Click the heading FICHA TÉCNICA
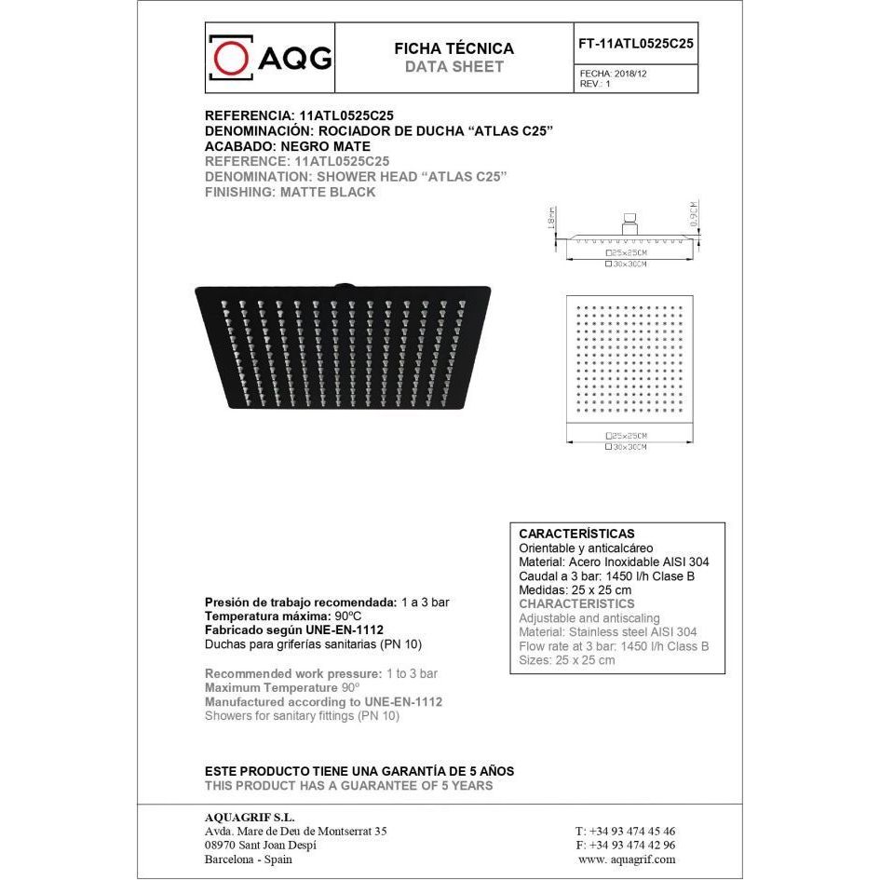tap(454, 48)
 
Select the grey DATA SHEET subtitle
tap(454, 67)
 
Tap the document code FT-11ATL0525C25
tap(636, 43)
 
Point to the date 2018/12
tap(630, 73)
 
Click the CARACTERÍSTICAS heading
tap(576, 535)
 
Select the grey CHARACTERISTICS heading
tap(576, 604)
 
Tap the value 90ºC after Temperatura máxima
tap(348, 616)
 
